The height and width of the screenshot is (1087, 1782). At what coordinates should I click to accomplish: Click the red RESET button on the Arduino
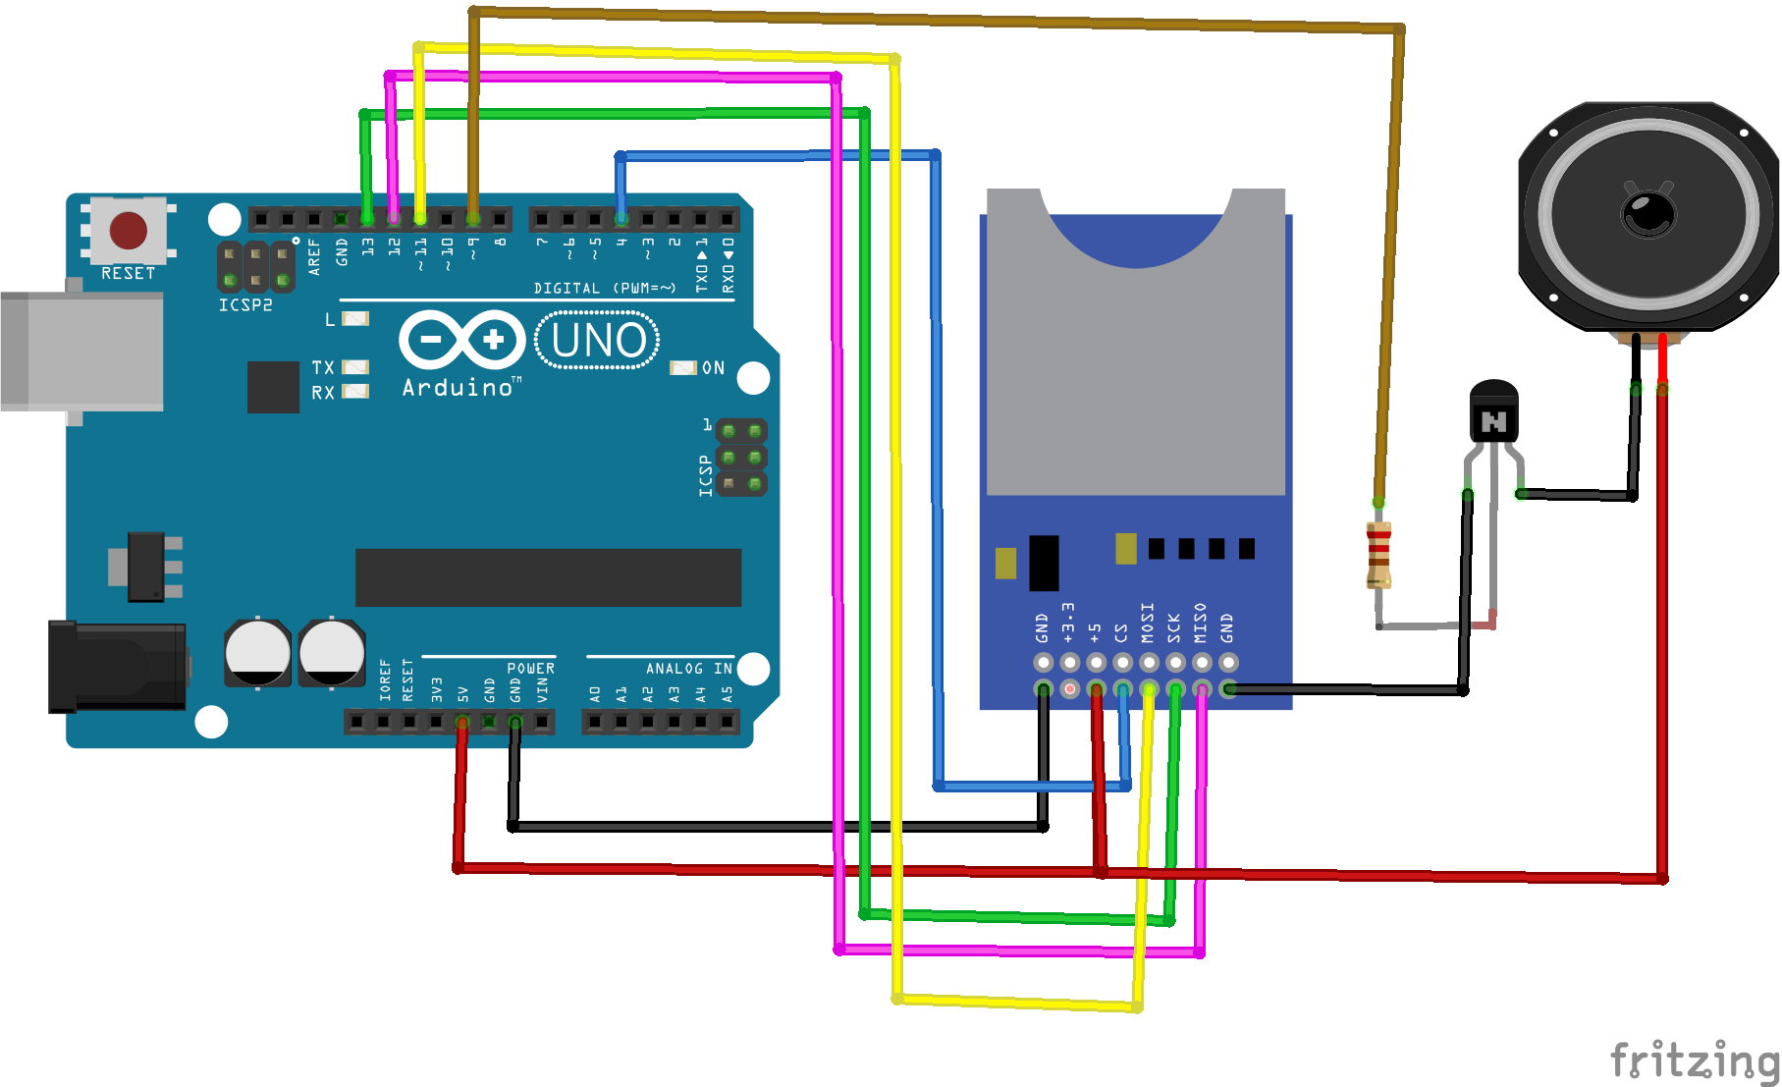click(x=129, y=231)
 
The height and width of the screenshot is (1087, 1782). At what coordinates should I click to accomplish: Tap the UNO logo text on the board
click(x=598, y=341)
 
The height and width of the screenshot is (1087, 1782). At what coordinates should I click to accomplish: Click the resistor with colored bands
click(x=1378, y=555)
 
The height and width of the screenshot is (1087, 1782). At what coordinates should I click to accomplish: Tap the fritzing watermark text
click(x=1695, y=1060)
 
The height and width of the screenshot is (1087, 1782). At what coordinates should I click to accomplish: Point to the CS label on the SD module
click(x=1121, y=632)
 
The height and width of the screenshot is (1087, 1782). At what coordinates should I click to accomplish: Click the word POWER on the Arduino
click(x=530, y=669)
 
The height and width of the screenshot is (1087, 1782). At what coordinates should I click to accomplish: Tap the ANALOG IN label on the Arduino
click(x=688, y=669)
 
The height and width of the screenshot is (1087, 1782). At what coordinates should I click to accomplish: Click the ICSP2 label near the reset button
click(x=245, y=305)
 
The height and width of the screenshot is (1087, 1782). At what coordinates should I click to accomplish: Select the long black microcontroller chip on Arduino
click(x=548, y=577)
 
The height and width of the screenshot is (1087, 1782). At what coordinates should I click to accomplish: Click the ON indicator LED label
click(x=713, y=368)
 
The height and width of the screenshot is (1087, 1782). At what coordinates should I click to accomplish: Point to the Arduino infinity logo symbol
click(x=461, y=340)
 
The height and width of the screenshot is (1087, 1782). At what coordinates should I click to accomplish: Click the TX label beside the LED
click(x=323, y=367)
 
